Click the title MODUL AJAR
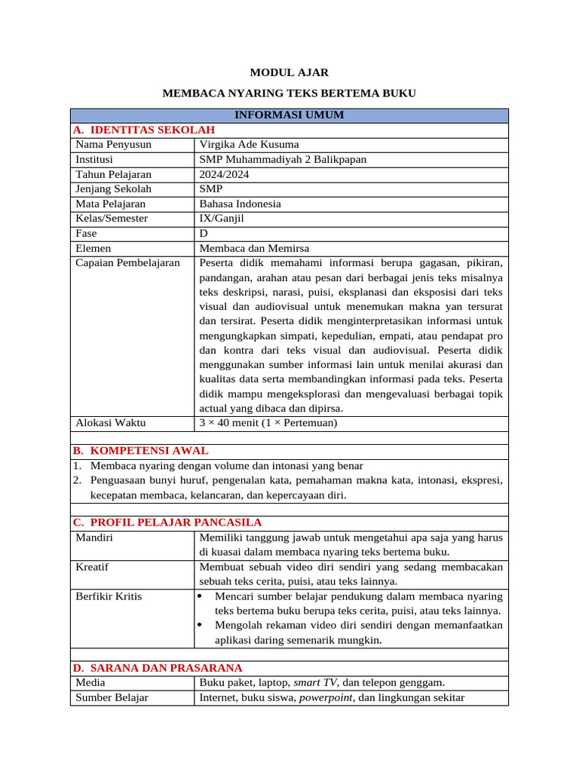(x=289, y=72)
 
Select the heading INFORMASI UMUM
(x=289, y=115)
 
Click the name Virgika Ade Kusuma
(x=249, y=145)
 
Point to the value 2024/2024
(x=224, y=174)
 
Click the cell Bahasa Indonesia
(x=240, y=204)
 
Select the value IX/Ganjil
(x=222, y=219)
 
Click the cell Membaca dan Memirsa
(x=254, y=248)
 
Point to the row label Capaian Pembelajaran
(x=128, y=262)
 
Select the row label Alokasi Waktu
(x=111, y=423)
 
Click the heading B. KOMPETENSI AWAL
(x=140, y=451)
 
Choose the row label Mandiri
(x=95, y=537)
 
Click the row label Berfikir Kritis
(x=109, y=596)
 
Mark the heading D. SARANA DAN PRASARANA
(x=158, y=668)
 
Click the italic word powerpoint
(x=327, y=697)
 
